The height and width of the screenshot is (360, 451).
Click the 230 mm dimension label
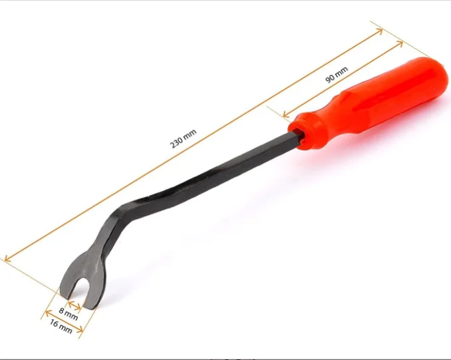pyautogui.click(x=184, y=138)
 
